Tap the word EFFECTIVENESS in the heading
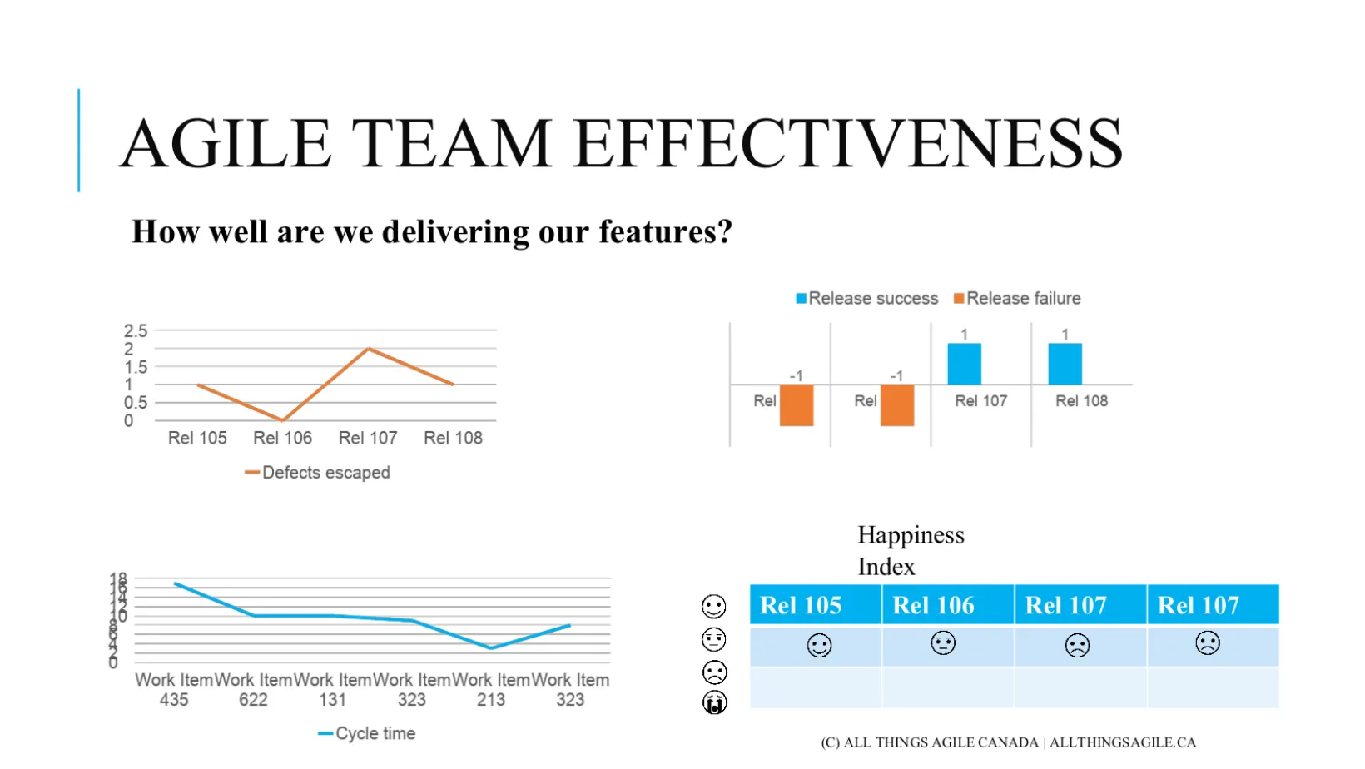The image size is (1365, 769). coord(848,143)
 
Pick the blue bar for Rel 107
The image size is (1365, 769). coord(964,364)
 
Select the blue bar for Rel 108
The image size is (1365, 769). coord(1065,364)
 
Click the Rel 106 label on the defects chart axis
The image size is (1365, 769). coord(282,438)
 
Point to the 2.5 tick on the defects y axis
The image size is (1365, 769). coord(136,331)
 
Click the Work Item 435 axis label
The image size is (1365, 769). coord(174,690)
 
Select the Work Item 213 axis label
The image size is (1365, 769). coord(491,690)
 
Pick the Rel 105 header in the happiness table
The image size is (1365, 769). coord(801,605)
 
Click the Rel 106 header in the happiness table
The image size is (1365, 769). coord(933,605)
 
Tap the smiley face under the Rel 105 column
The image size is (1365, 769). coord(819,646)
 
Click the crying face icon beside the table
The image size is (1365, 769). coord(714,703)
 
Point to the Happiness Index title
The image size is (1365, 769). coord(911,550)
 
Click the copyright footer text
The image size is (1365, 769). coord(1008,742)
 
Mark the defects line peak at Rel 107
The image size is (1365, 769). coord(368,349)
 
